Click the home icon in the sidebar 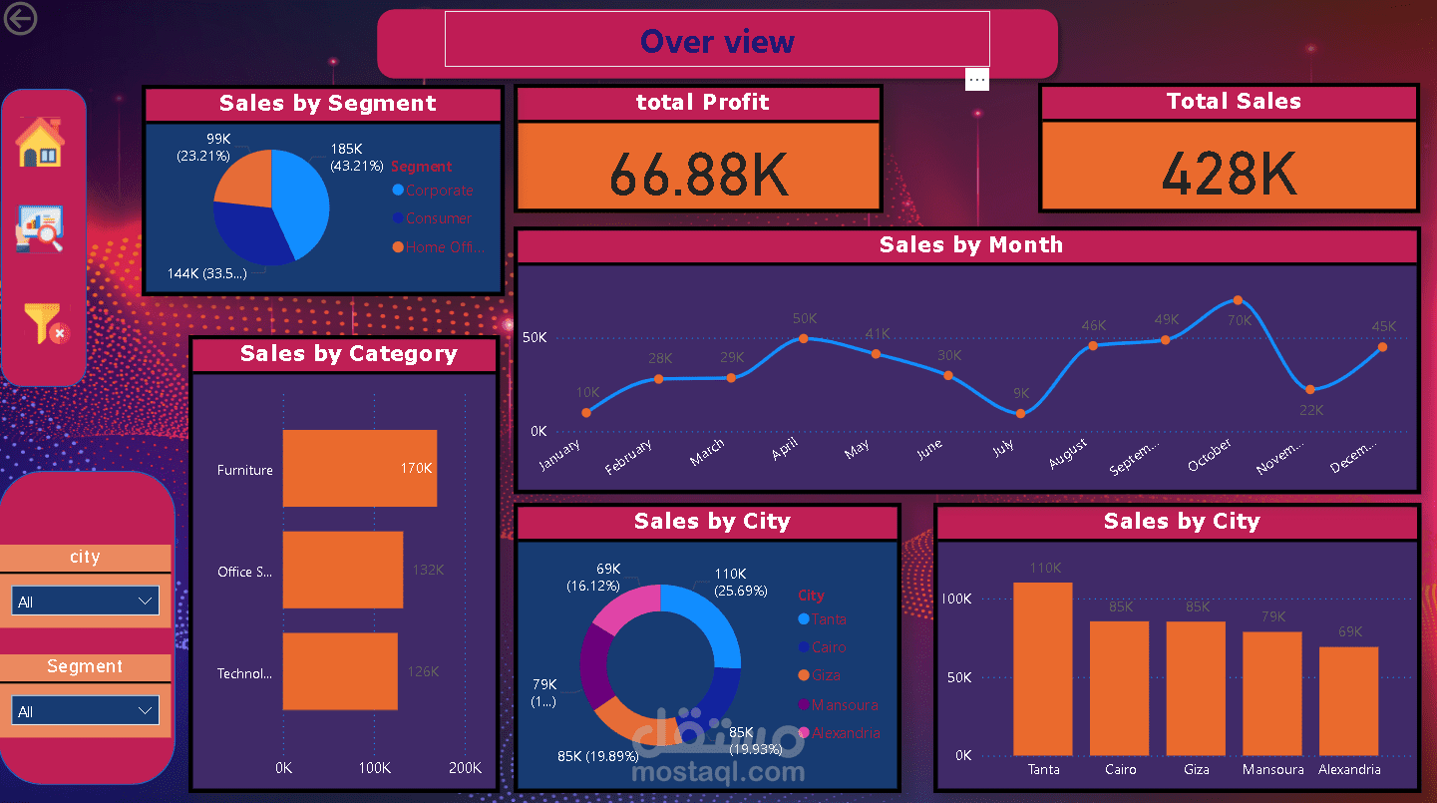(40, 143)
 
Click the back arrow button (20, 19)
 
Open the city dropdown (85, 602)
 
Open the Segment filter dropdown (85, 711)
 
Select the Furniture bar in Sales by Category (359, 469)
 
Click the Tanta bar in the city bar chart (1043, 668)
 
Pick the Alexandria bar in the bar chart (1348, 700)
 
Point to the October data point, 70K (1238, 300)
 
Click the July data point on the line (1020, 413)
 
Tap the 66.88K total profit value (698, 175)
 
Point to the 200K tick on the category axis (465, 769)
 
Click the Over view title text (717, 42)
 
